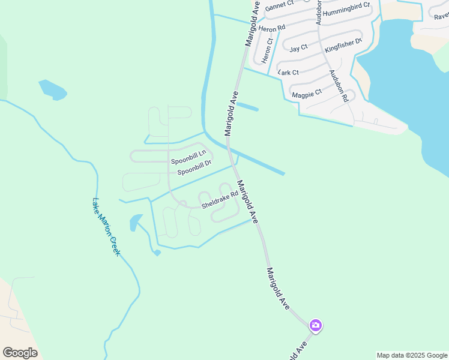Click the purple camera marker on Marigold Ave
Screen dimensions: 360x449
(316, 325)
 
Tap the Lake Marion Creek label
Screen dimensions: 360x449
(106, 227)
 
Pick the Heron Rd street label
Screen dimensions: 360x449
(271, 28)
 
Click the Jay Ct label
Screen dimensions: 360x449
(298, 49)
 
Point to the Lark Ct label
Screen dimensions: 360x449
(289, 73)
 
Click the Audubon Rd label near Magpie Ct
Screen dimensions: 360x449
(338, 87)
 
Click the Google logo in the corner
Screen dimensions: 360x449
(20, 353)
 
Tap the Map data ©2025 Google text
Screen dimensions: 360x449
(412, 355)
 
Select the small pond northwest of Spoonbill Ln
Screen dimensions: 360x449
(52, 89)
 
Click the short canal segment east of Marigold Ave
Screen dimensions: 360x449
(247, 107)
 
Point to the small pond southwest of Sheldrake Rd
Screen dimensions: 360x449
(136, 222)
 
